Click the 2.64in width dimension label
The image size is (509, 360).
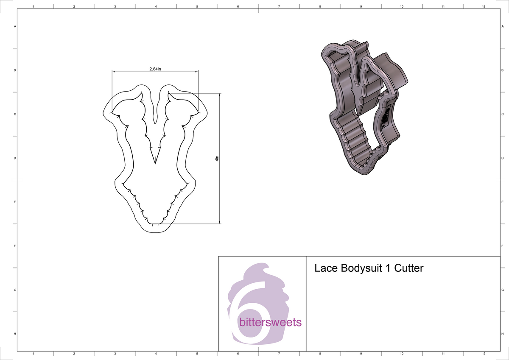tap(155, 69)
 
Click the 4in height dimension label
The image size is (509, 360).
tap(216, 159)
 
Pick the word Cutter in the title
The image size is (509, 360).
tap(409, 268)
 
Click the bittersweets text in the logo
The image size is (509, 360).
tap(271, 322)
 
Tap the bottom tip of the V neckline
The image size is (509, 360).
tap(155, 164)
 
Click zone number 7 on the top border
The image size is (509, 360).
tap(279, 7)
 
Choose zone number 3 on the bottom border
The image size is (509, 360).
tap(115, 353)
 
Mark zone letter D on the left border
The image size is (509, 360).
tap(15, 158)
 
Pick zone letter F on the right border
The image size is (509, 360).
tap(502, 246)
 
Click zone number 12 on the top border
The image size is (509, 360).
tap(484, 7)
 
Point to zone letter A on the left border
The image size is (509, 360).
tap(15, 26)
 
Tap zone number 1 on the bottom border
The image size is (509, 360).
tap(33, 353)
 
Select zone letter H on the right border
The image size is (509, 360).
tap(502, 334)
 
